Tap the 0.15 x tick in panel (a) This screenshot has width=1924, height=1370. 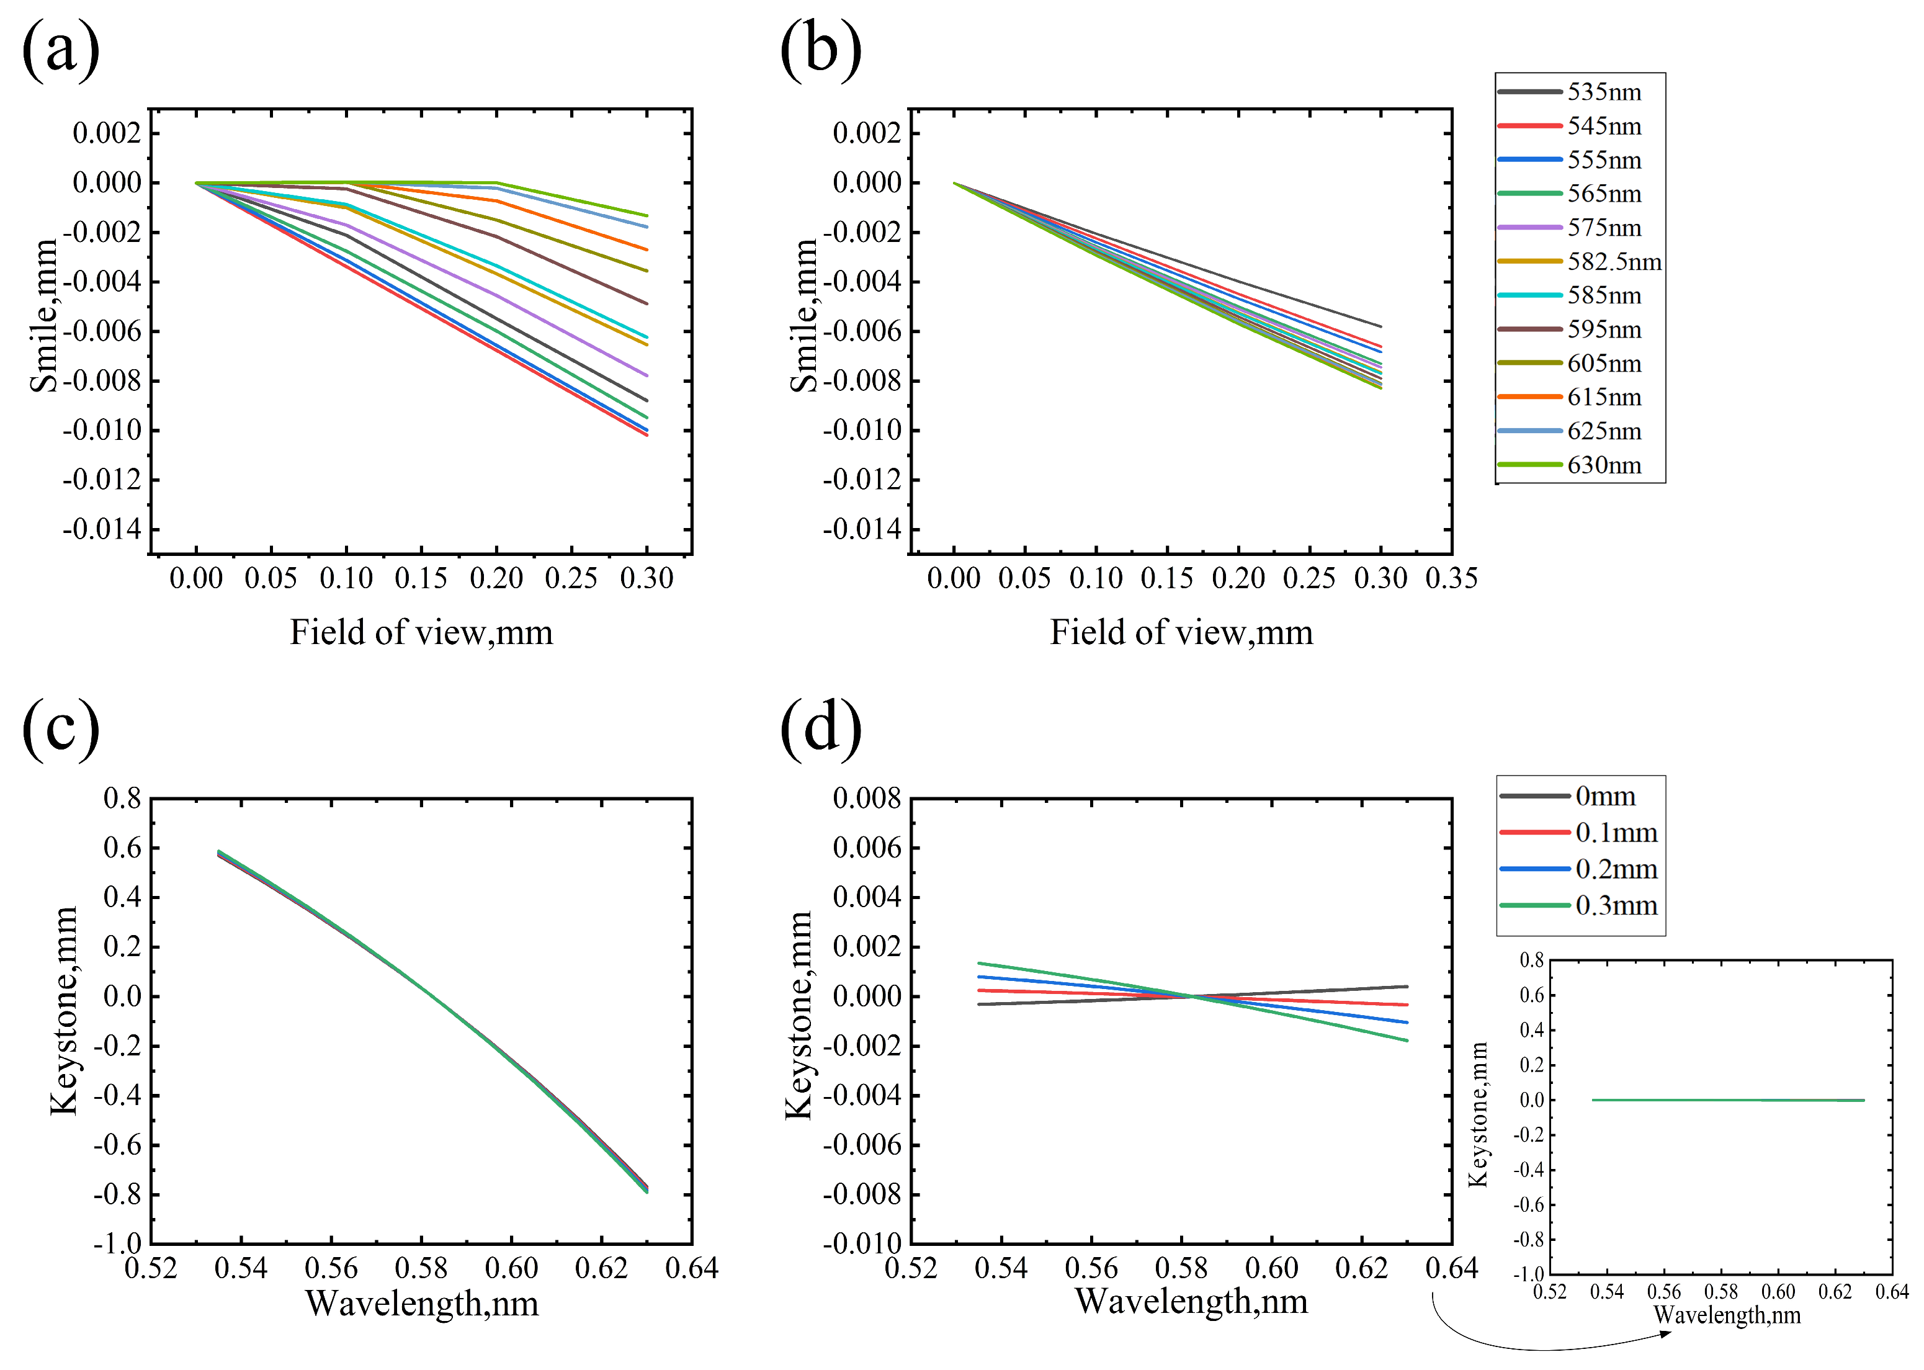(x=421, y=578)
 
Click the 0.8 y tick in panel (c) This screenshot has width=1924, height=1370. (x=122, y=798)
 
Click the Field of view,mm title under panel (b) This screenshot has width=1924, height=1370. (x=1181, y=632)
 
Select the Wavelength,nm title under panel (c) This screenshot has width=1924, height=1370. (x=422, y=1304)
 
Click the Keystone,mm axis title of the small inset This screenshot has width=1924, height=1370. (x=1478, y=1114)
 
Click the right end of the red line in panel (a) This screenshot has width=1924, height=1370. (x=647, y=434)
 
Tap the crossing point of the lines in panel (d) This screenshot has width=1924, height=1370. (x=1192, y=996)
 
